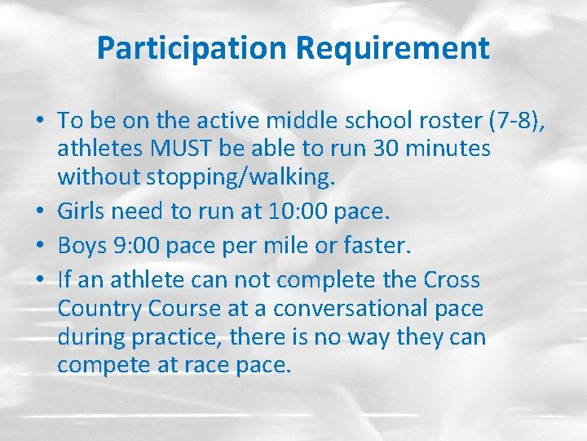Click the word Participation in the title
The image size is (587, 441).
click(193, 48)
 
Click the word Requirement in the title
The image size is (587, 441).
click(393, 48)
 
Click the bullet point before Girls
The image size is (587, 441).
click(40, 212)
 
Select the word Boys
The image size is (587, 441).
click(83, 246)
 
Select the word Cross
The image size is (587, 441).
click(452, 281)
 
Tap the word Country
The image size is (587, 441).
click(94, 309)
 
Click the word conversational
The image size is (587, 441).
click(347, 309)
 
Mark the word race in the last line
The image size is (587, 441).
click(210, 364)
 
